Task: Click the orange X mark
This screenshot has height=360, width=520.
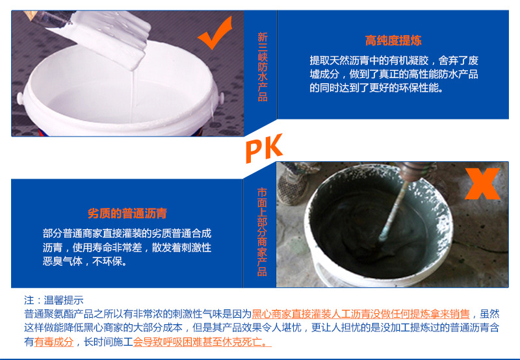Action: click(x=482, y=184)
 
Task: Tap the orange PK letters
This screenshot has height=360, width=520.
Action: click(x=264, y=148)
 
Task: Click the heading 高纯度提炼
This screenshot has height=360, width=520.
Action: click(x=393, y=40)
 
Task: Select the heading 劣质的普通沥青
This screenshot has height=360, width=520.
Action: click(x=127, y=213)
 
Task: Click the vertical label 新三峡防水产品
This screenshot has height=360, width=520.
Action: click(x=263, y=67)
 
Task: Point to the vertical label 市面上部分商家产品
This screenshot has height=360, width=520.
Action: click(x=262, y=232)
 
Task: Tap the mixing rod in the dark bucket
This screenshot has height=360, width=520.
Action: click(x=395, y=211)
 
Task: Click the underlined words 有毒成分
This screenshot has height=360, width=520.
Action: click(x=54, y=342)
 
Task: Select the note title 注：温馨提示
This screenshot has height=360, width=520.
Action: click(x=54, y=300)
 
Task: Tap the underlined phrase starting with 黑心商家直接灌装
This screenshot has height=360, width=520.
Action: click(x=361, y=314)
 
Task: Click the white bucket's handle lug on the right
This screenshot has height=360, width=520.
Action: click(x=221, y=97)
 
